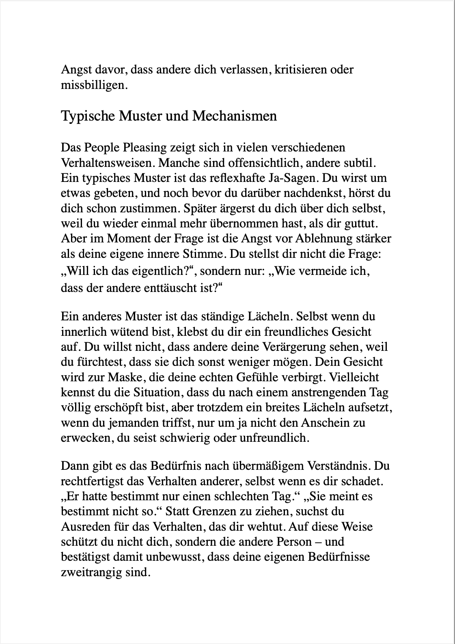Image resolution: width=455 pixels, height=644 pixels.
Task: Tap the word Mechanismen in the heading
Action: [235, 116]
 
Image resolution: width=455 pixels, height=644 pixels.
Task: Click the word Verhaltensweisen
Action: [107, 163]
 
